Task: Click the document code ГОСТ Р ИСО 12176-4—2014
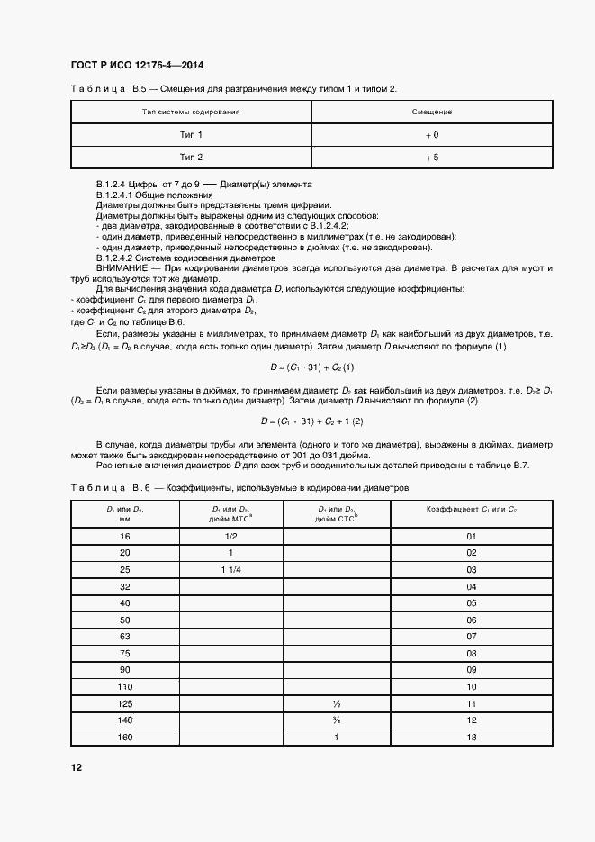(132, 67)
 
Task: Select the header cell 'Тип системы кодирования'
(191, 112)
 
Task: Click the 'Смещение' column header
(432, 112)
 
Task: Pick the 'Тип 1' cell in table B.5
(191, 134)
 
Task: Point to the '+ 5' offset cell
(432, 157)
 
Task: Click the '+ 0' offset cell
(432, 134)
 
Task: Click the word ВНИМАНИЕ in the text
(122, 269)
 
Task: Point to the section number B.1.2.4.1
(122, 195)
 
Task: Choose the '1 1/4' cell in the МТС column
(230, 570)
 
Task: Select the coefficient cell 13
(472, 737)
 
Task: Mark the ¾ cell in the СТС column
(335, 720)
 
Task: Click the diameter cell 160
(124, 737)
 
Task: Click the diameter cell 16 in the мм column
(124, 537)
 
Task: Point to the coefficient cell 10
(472, 687)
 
